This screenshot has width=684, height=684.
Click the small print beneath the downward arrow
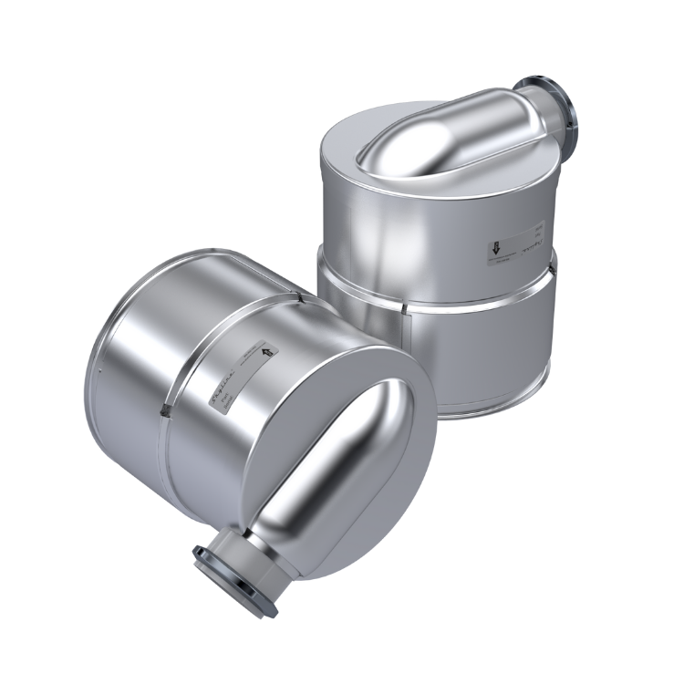501,261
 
